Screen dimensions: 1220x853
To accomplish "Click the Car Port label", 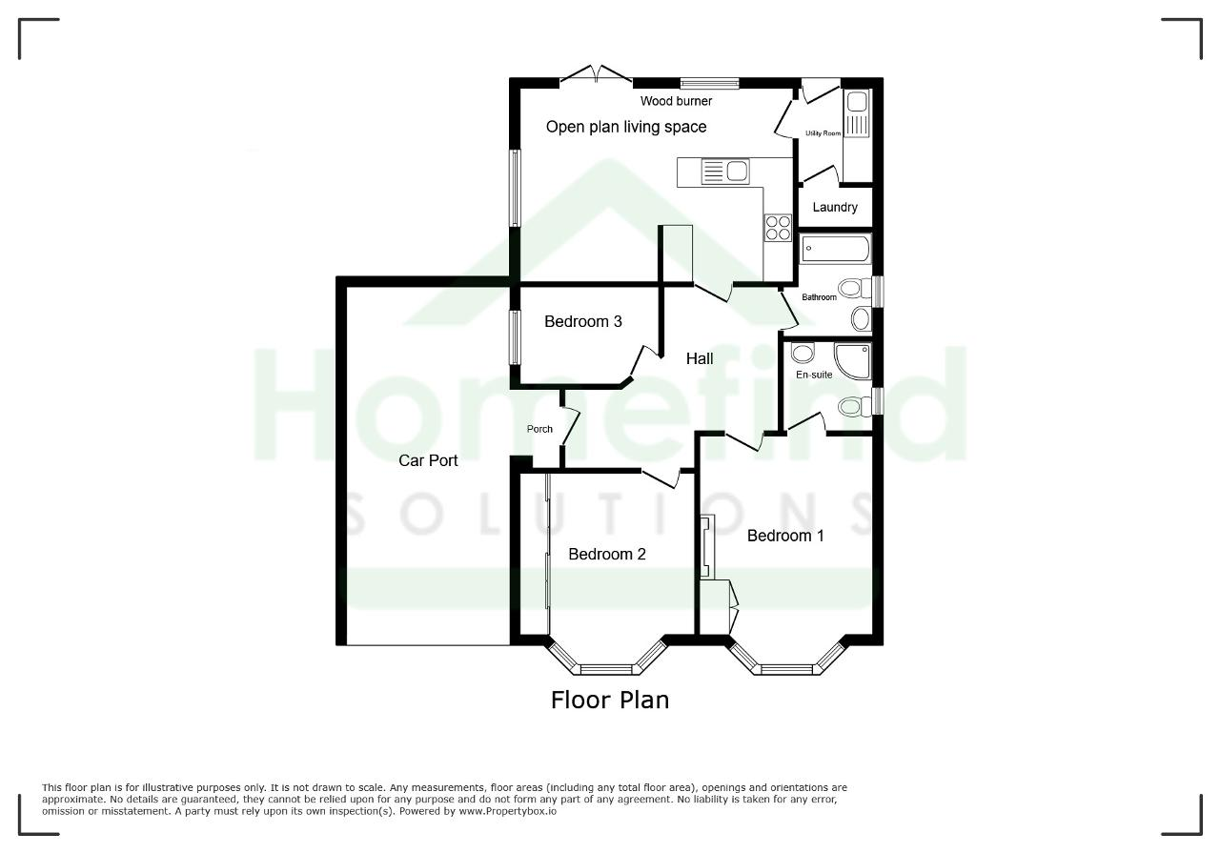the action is [x=428, y=461].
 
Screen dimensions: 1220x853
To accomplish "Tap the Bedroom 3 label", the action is [x=582, y=321].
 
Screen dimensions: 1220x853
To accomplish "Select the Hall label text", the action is [x=700, y=358].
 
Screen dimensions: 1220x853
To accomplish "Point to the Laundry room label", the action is [x=834, y=207].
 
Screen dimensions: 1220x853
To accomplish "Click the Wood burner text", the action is [x=676, y=101].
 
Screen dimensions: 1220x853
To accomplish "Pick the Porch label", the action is [x=539, y=429].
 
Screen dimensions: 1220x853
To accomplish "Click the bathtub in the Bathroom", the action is [x=835, y=249].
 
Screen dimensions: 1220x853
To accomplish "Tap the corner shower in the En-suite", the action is [x=852, y=360].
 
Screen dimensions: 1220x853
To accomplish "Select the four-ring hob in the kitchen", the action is [x=777, y=228].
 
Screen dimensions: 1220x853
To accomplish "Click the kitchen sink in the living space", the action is [x=724, y=171].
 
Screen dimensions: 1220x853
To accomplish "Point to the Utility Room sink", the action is [x=857, y=113].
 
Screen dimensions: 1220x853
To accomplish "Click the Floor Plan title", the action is [x=610, y=701].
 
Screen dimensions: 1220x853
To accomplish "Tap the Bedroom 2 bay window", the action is [x=607, y=660].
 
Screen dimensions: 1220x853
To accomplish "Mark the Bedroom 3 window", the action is [x=514, y=337].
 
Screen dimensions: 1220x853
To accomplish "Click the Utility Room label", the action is [x=823, y=133].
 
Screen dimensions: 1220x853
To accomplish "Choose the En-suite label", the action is [x=814, y=375].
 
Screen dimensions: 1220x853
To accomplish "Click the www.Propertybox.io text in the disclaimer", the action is [x=508, y=811].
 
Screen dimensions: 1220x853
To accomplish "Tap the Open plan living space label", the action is [x=626, y=127].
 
